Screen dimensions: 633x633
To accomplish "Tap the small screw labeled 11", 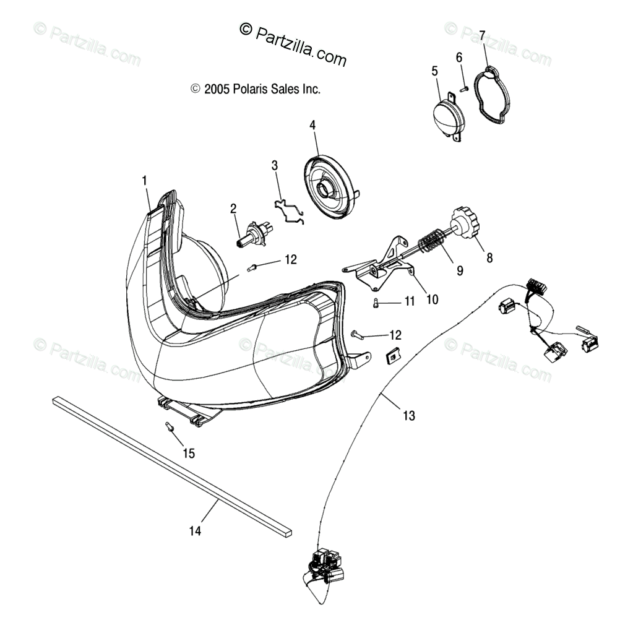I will [x=376, y=303].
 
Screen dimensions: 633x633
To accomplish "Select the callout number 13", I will [x=408, y=416].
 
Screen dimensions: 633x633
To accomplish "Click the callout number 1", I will [x=144, y=181].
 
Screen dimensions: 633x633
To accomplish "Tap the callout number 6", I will [x=459, y=58].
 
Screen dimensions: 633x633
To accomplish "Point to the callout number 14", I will [x=196, y=531].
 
